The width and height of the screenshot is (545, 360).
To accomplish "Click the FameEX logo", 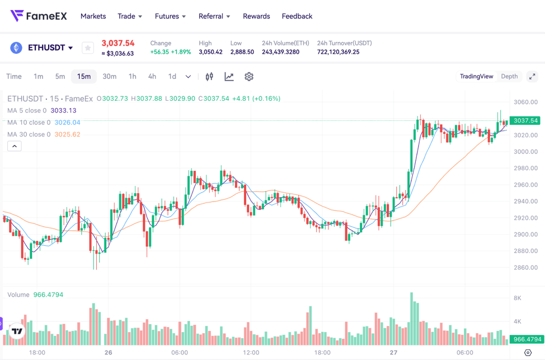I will coord(38,16).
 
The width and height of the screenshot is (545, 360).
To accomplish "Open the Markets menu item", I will coord(93,16).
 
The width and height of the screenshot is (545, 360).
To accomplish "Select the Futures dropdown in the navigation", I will coord(170,16).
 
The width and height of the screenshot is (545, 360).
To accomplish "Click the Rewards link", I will coord(256,16).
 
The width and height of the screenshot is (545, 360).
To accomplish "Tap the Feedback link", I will coord(297,16).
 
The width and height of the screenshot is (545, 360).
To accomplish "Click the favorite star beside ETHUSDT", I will coord(88,48).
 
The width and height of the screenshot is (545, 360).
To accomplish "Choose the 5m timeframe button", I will coord(60,77).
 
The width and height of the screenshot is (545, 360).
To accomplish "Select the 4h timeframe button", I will coord(152,77).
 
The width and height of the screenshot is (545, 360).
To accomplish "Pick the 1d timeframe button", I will coord(172,77).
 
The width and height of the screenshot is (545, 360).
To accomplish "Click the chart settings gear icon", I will coord(249,77).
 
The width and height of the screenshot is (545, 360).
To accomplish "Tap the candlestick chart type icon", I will coord(209,77).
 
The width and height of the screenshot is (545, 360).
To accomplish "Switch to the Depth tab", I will coord(509,77).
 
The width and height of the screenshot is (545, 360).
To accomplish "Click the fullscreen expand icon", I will coord(532,77).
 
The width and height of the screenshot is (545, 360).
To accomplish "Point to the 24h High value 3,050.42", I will coord(210,52).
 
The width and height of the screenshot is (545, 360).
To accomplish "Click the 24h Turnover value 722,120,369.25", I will coord(338,52).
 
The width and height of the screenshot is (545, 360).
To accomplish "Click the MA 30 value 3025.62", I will coord(67,134).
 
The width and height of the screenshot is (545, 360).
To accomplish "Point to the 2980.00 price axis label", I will coord(525,169).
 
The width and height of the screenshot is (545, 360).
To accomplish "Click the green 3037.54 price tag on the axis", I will coord(525,120).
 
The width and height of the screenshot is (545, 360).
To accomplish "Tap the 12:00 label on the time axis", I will coord(251,353).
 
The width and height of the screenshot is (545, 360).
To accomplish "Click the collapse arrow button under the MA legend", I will coord(15,146).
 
